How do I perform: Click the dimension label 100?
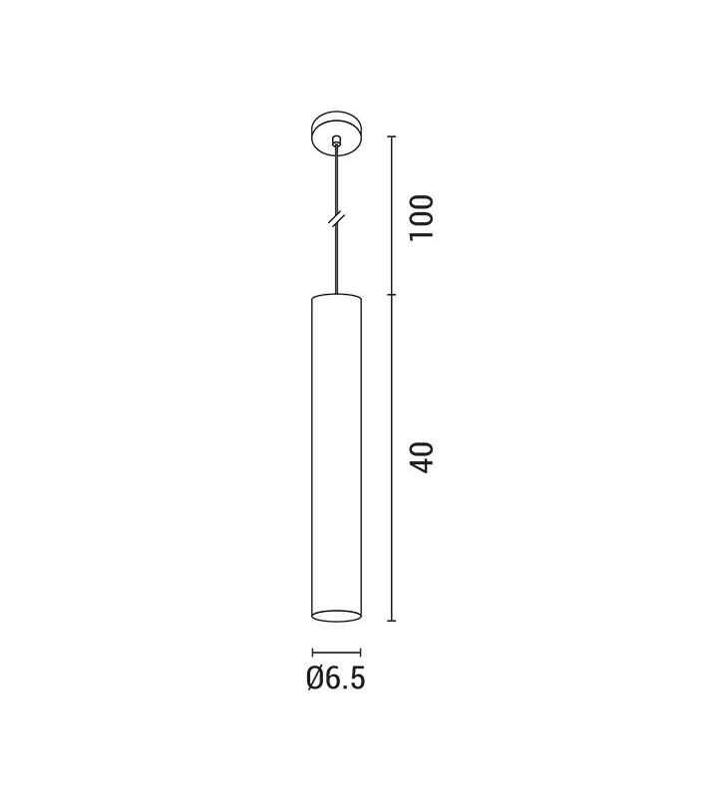422,216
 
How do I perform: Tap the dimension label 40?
422,458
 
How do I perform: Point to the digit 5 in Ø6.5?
357,678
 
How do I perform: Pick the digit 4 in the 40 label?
422,466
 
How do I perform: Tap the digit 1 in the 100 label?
422,234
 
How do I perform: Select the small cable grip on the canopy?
335,139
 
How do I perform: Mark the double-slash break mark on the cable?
336,219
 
